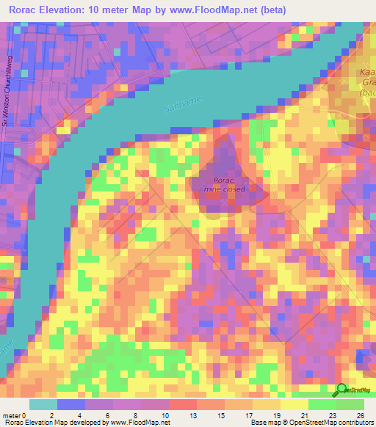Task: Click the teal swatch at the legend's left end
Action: pyautogui.click(x=43, y=405)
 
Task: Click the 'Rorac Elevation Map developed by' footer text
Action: pyautogui.click(x=55, y=422)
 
